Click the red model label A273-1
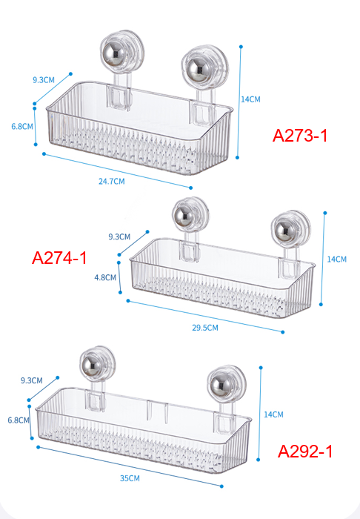coord(300,136)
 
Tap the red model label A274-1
coord(59,257)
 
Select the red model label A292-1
coord(305,451)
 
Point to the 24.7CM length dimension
coord(111,182)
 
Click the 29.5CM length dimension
coord(205,328)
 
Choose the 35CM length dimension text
coord(130,478)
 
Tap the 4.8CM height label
coord(105,277)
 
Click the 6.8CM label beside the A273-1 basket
coord(21,127)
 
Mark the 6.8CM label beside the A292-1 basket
coord(19,420)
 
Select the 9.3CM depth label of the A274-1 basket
coord(119,237)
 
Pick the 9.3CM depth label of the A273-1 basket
coord(43,80)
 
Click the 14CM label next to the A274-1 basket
coord(337,259)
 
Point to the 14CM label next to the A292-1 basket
coord(273,414)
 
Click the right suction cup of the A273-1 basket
coord(205,68)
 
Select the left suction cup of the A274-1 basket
coord(190,216)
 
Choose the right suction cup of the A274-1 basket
coord(290,229)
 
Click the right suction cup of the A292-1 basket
coord(227,385)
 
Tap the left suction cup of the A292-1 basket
coord(98,365)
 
